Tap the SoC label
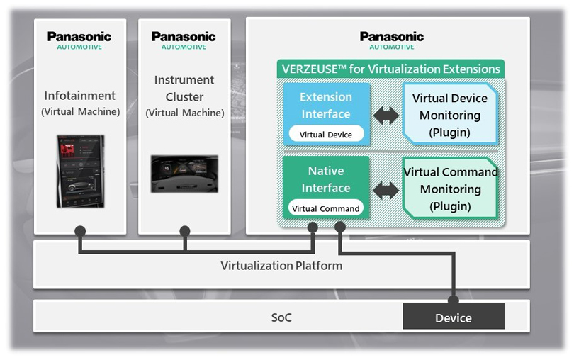(x=281, y=317)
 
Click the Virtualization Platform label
(x=281, y=266)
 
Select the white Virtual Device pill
(x=326, y=134)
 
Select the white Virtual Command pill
(x=326, y=208)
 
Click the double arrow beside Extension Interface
(x=386, y=116)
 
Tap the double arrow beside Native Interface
(x=386, y=189)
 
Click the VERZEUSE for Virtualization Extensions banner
(x=390, y=69)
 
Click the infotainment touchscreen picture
(x=81, y=171)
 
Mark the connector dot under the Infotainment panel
(x=80, y=231)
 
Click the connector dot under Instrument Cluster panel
(x=185, y=231)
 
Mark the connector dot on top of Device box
(x=453, y=300)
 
